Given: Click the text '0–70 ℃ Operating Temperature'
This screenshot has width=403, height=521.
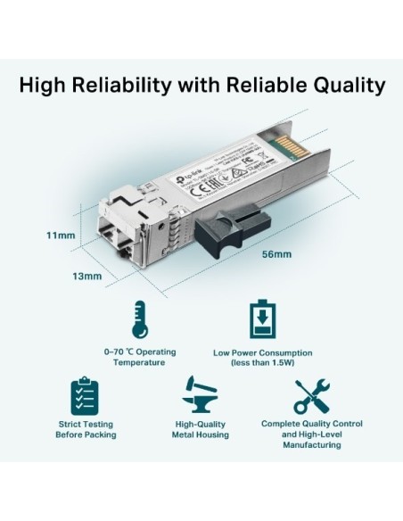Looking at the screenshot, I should pyautogui.click(x=139, y=357).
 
